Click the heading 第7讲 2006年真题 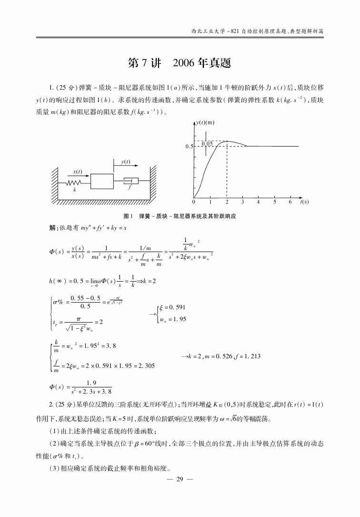[180, 63]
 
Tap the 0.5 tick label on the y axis [189, 147]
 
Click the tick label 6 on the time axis [290, 202]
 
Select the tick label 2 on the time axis [227, 202]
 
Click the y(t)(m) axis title [206, 123]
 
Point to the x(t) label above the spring [78, 172]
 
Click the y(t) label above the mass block [126, 162]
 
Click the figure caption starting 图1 [180, 216]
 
